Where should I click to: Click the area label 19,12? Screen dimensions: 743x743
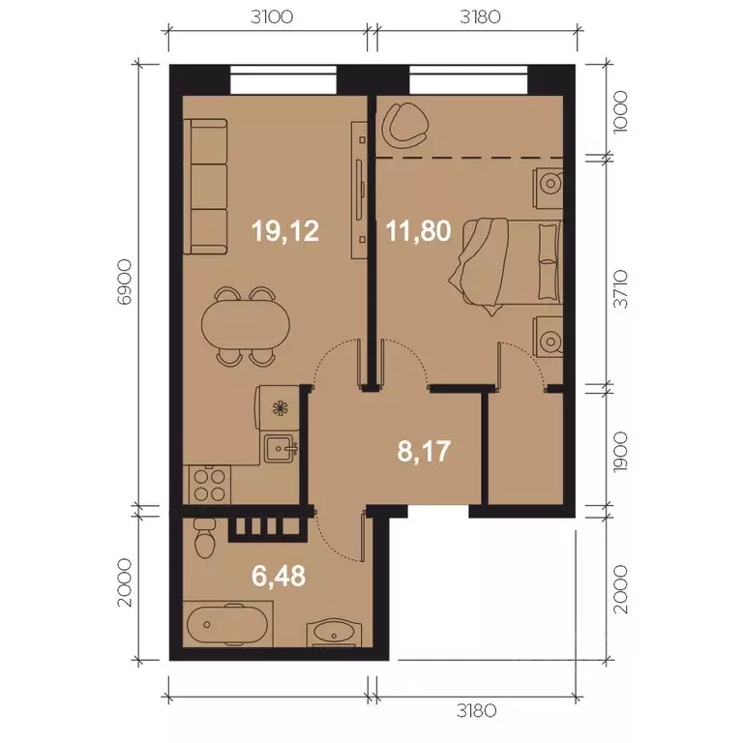coord(284,231)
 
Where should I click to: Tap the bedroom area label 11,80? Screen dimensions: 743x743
coord(419,231)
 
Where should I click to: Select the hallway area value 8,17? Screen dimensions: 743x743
coord(425,451)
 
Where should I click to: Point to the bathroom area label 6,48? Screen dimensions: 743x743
coord(278,577)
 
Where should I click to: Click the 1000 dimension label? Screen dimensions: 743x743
coord(621,110)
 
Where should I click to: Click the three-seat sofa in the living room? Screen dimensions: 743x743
coord(205,182)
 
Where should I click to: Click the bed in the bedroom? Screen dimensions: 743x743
coord(508,262)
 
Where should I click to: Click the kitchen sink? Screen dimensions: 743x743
coord(282,448)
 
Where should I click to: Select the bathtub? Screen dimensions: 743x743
coord(228,626)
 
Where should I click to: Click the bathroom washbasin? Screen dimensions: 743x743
coord(335,633)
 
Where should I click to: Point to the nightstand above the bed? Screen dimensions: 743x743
coord(550,183)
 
